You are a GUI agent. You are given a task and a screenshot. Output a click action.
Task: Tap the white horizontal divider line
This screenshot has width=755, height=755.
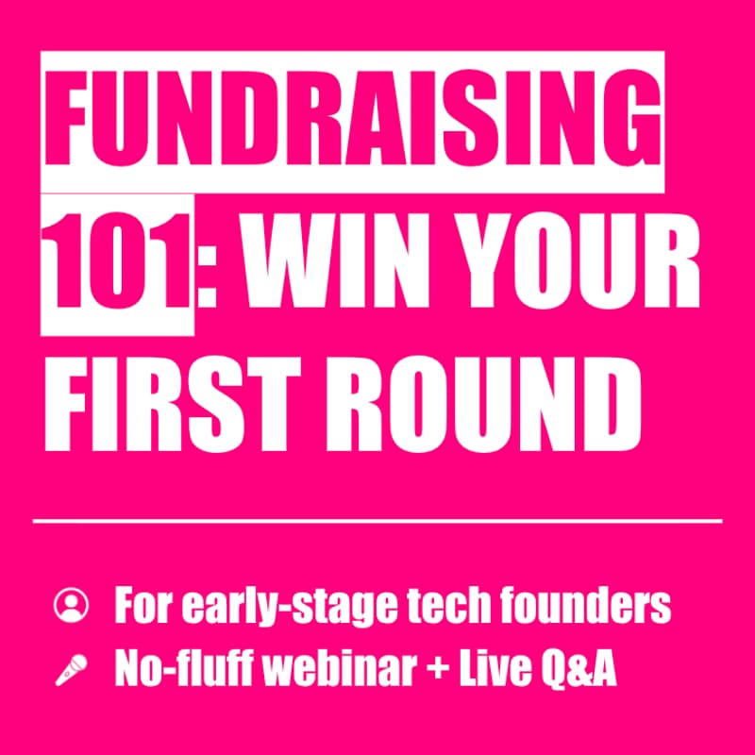[x=377, y=520]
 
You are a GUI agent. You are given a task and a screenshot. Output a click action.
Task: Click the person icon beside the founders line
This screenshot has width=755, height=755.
[x=72, y=603]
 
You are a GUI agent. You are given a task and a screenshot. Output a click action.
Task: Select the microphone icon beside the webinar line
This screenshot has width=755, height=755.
[x=72, y=669]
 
